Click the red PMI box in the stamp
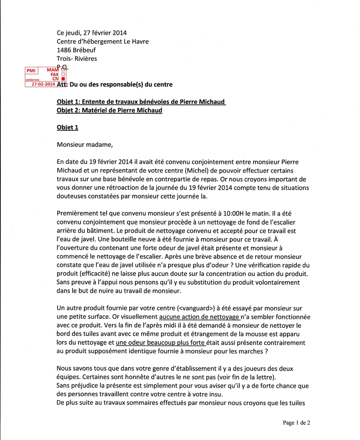[x=31, y=71]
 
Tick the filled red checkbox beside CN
[x=63, y=79]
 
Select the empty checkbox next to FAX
[x=63, y=74]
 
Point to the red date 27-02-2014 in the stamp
[x=43, y=84]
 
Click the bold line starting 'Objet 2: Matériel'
[x=110, y=110]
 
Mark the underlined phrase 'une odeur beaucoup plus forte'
[x=160, y=343]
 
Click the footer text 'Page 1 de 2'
[x=296, y=422]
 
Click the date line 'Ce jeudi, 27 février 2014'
[x=92, y=32]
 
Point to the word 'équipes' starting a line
[x=68, y=377]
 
